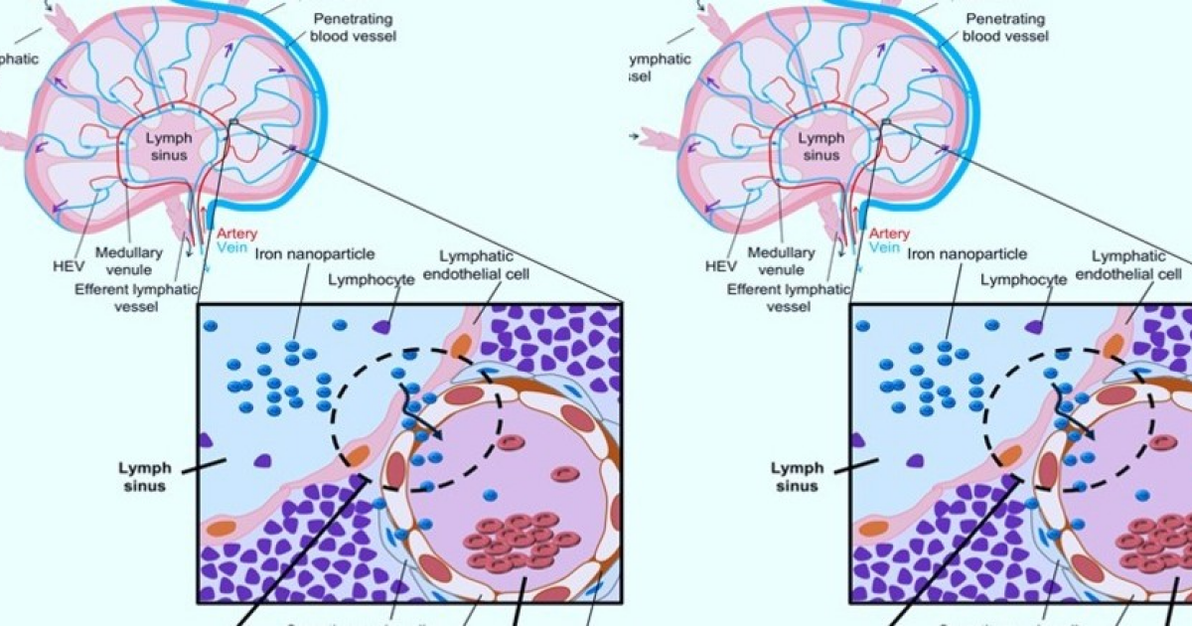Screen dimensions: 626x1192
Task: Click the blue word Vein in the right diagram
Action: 880,246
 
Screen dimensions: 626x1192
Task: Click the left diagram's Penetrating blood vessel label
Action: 353,28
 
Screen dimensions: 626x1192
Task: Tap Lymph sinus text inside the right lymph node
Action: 819,146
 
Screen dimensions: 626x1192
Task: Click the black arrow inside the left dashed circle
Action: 421,419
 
